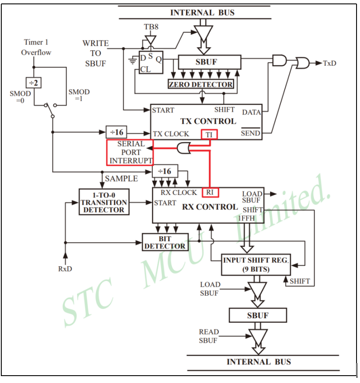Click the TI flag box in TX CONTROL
[x=209, y=134]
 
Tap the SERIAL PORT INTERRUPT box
[x=130, y=152]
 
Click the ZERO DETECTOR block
[x=200, y=84]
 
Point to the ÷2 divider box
[x=33, y=82]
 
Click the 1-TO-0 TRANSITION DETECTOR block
[x=104, y=202]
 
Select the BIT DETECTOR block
[x=164, y=242]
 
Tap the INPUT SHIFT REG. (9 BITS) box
[x=256, y=265]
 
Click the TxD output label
[x=330, y=63]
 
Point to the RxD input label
[x=65, y=269]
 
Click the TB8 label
[x=151, y=27]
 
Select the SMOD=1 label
[x=79, y=95]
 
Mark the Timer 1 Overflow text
[x=36, y=48]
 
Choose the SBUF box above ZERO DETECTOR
[x=209, y=62]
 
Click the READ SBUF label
[x=209, y=336]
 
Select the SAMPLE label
[x=122, y=179]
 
